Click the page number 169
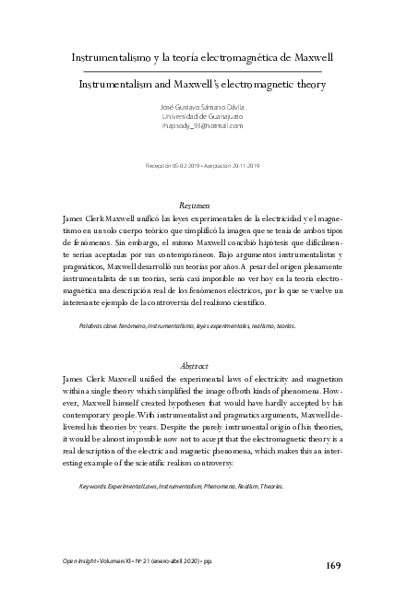click(x=343, y=563)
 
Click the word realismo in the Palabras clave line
click(x=243, y=326)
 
